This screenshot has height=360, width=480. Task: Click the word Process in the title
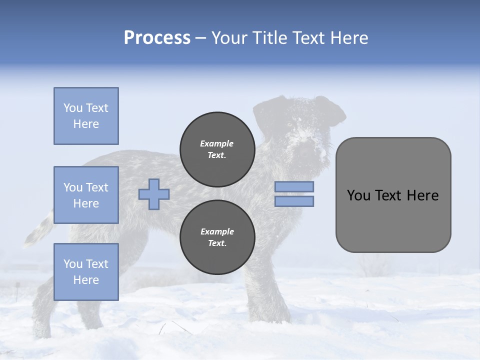(x=157, y=38)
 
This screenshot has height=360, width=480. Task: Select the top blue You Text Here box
(x=86, y=116)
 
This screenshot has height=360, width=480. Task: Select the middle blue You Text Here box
(x=86, y=195)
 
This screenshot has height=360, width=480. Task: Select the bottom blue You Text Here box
(x=86, y=271)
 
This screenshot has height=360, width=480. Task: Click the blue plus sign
(x=154, y=194)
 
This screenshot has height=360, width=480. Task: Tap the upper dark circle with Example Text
(x=217, y=149)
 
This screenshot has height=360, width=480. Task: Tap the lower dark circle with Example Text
(x=217, y=237)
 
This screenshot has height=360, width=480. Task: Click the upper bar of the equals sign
(x=294, y=186)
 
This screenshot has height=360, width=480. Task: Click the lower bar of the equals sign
(x=294, y=201)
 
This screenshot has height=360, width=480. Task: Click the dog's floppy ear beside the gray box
(x=332, y=112)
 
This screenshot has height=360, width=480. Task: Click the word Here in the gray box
(x=422, y=195)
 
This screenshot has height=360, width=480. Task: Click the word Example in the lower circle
(x=217, y=231)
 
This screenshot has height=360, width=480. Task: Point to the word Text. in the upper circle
(x=217, y=155)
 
